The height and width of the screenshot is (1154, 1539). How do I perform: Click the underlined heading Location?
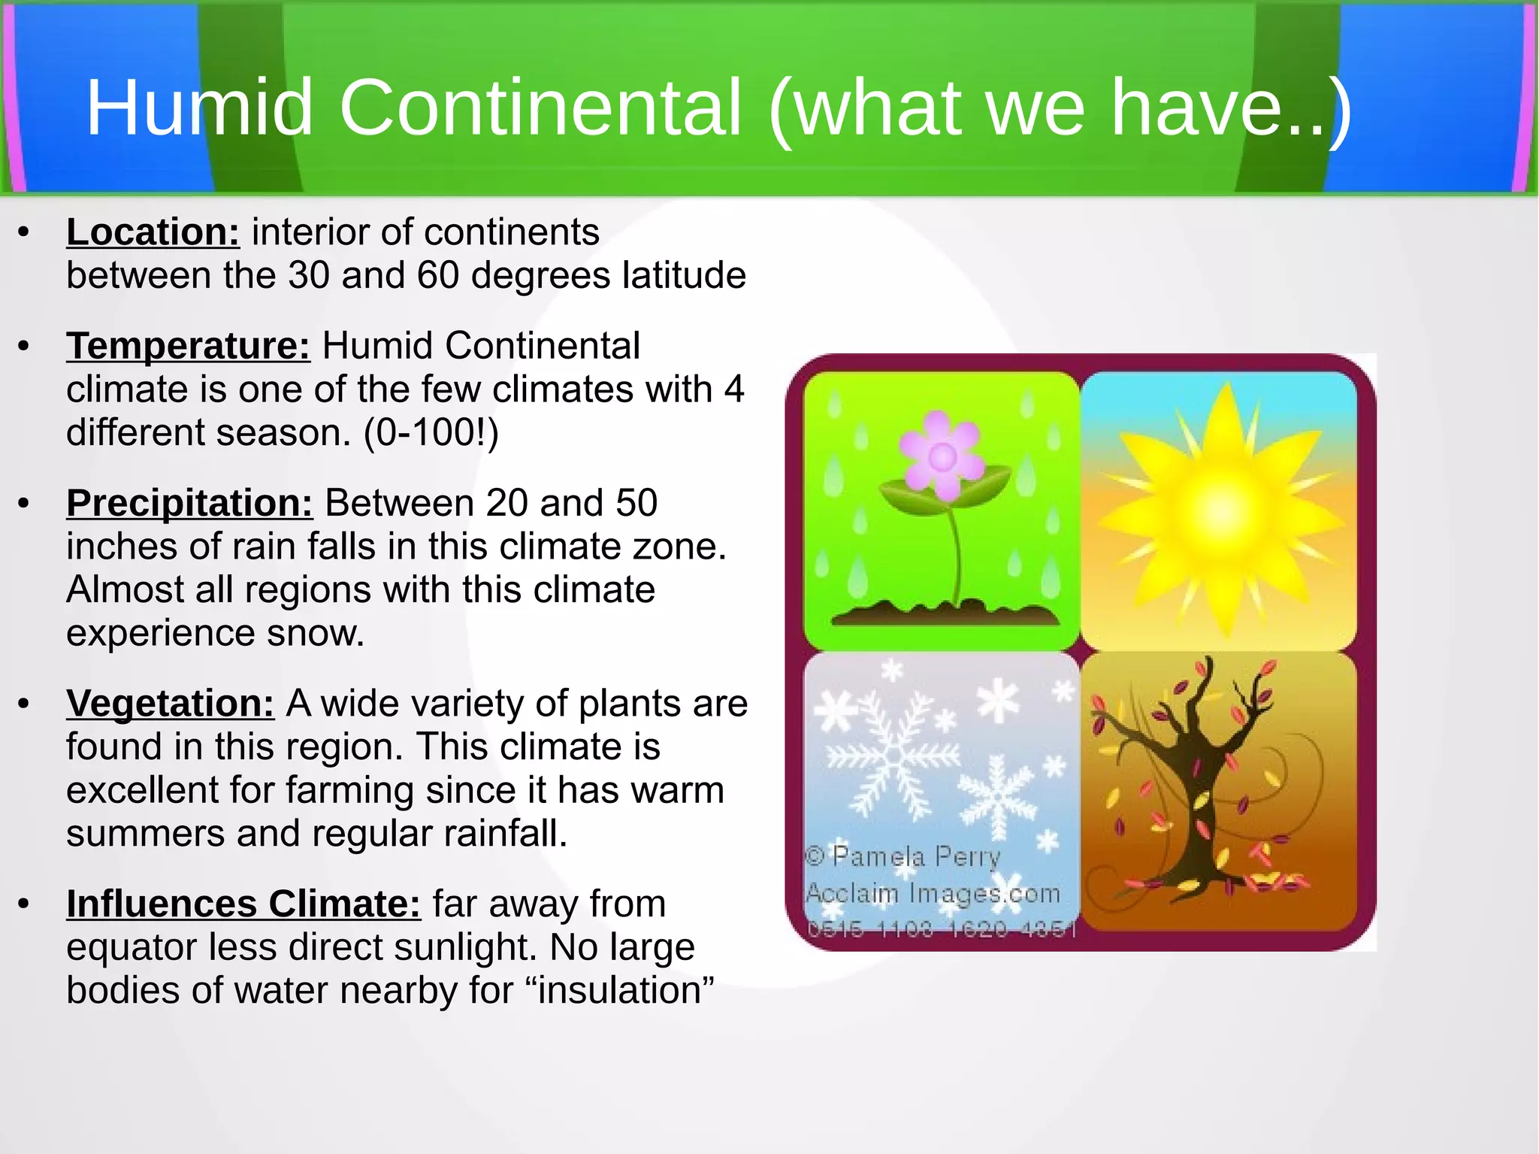click(x=153, y=232)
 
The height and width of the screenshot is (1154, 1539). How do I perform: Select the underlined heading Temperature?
click(x=188, y=346)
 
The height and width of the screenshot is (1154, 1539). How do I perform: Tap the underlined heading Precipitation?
click(x=189, y=503)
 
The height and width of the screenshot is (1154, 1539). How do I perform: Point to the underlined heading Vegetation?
click(x=171, y=704)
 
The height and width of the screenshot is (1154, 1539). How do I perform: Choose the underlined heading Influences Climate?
click(x=243, y=904)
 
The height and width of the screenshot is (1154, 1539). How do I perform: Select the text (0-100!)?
click(x=431, y=433)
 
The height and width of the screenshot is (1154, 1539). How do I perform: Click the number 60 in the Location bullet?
click(x=438, y=275)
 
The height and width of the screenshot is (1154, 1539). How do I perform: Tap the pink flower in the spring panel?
click(x=942, y=455)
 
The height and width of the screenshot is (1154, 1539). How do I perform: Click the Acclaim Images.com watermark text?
click(x=933, y=893)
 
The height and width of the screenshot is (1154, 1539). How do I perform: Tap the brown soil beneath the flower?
click(x=945, y=613)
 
